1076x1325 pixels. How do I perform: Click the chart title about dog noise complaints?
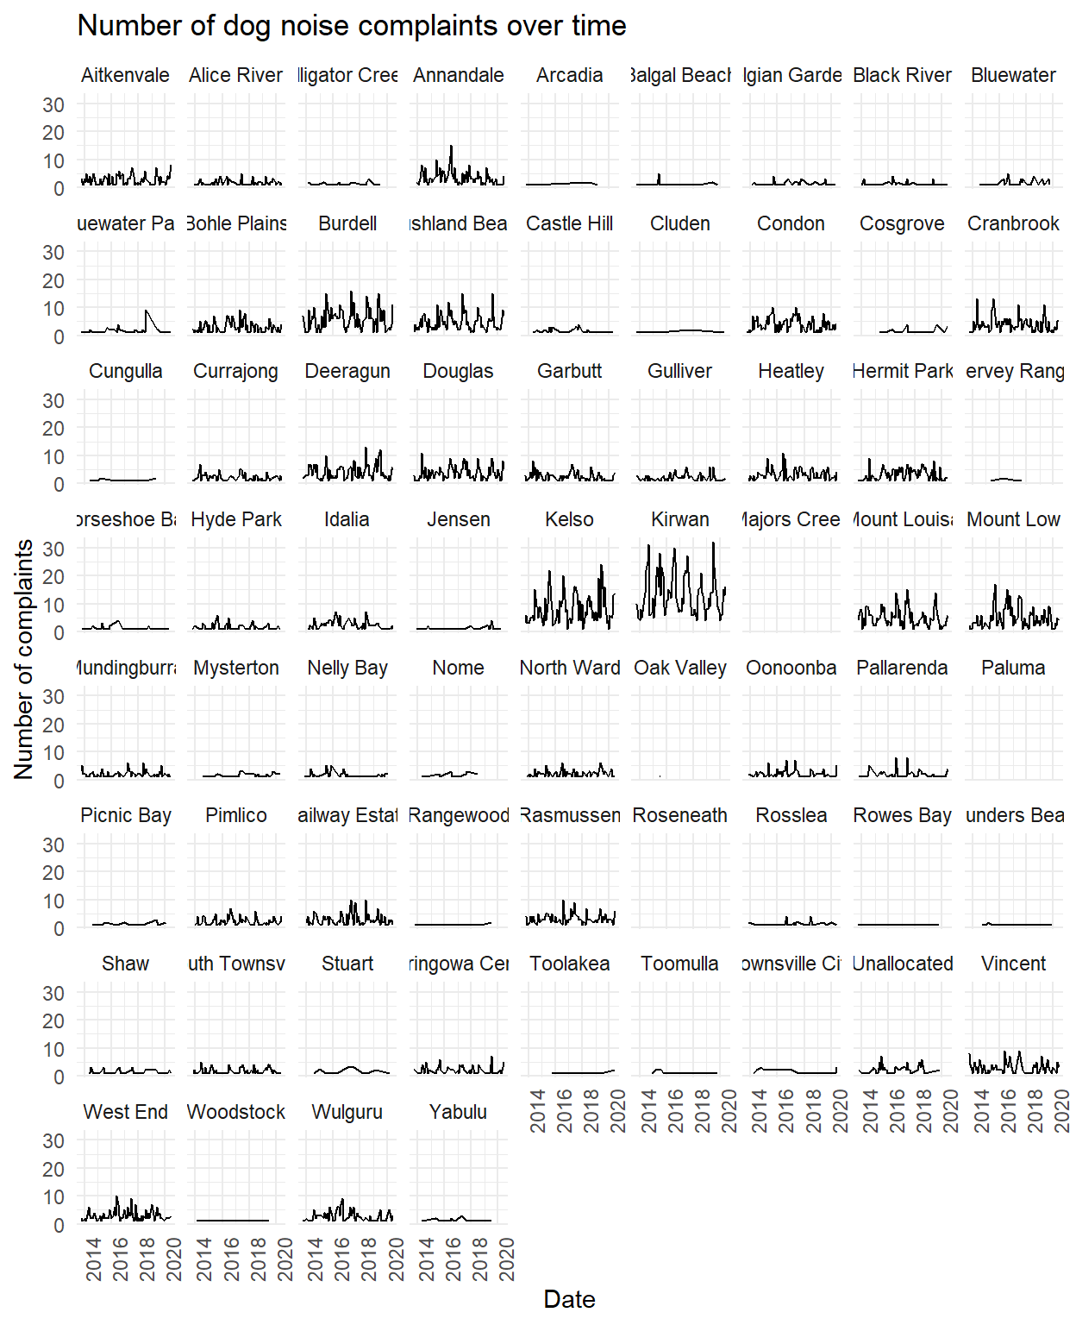352,26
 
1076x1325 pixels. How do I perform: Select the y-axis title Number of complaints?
23,659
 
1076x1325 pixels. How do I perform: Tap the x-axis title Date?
569,1299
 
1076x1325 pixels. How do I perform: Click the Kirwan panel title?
680,519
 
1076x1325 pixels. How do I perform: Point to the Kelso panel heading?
569,519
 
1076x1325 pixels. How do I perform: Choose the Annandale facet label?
459,75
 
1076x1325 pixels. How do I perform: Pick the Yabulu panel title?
459,1112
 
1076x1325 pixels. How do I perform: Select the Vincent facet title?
1013,964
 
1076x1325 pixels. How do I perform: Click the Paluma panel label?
1013,668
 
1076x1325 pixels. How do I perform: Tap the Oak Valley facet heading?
680,668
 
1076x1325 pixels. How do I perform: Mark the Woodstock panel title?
236,1112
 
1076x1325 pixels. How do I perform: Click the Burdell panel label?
347,223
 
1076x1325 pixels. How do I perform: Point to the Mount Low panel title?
1013,519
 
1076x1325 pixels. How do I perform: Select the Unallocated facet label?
903,964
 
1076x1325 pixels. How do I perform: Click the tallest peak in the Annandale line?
451,147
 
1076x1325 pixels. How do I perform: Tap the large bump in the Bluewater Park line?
147,311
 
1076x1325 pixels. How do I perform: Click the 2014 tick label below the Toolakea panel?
538,1111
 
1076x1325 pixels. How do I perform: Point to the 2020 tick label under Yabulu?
507,1259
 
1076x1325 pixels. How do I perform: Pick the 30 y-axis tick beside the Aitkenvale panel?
53,104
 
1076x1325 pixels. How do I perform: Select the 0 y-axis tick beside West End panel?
59,1225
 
